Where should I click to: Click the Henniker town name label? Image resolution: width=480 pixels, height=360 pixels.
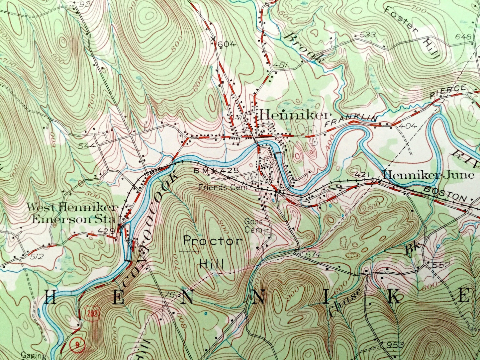295,115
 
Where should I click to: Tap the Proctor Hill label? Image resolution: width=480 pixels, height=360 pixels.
213,252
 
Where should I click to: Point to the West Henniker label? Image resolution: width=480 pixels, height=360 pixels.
72,208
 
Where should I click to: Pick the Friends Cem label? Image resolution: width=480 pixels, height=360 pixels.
223,187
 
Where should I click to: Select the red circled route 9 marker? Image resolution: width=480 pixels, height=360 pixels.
77,345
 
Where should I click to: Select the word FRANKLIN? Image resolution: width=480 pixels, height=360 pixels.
352,120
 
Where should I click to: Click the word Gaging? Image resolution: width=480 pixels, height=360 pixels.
34,355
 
